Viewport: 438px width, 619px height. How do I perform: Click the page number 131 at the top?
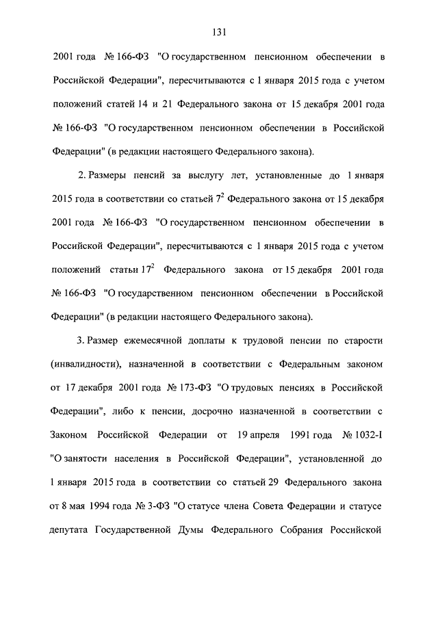click(219, 31)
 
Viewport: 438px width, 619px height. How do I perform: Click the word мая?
click(78, 506)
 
